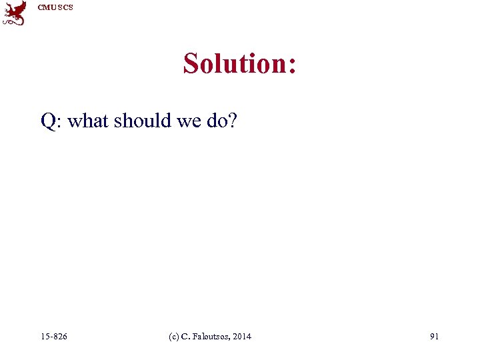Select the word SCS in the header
coord(65,7)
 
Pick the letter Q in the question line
coord(48,121)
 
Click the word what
coord(88,121)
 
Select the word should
coord(143,121)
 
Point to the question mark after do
coord(232,121)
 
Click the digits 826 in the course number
coord(59,337)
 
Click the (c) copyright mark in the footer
coord(175,337)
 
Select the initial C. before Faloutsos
coord(185,337)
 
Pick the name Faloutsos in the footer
coord(209,337)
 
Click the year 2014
coord(241,337)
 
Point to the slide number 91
coord(434,337)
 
